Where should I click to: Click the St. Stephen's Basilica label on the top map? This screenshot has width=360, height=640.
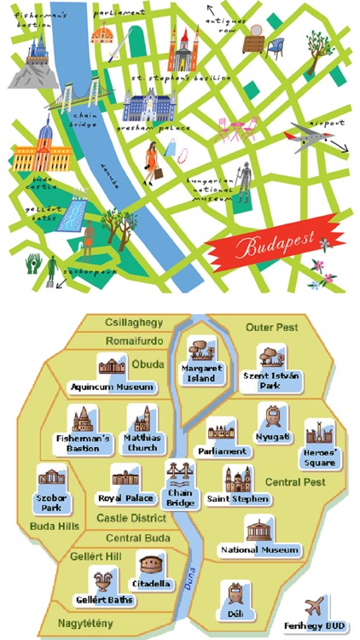click(180, 77)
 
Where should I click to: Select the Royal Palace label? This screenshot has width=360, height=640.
click(127, 498)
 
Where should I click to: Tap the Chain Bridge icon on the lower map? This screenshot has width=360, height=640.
click(180, 476)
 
